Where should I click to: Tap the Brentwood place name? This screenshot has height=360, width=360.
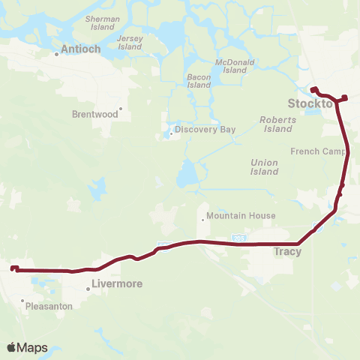[x=94, y=115]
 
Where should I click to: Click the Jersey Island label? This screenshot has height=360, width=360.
[x=130, y=43]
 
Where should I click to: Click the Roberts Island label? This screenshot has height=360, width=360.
[x=276, y=124]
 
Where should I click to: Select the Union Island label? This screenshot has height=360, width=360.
[x=264, y=166]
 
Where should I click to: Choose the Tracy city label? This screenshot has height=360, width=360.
[x=288, y=252]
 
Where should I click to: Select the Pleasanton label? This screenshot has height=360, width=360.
[x=49, y=307]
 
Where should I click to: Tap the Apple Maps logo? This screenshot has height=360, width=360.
[x=27, y=347]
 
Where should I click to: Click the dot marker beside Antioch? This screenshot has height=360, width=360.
[x=57, y=54]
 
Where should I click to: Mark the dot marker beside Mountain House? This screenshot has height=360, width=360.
[x=202, y=220]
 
